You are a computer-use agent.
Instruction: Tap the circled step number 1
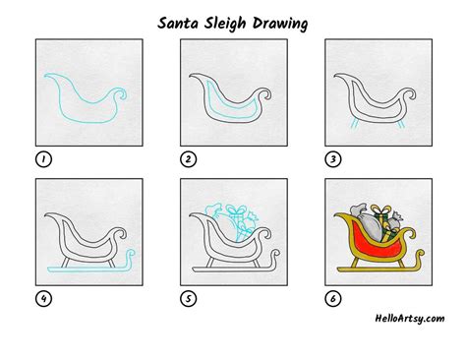click(42, 157)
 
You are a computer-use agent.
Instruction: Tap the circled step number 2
click(185, 157)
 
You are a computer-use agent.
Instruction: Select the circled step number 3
click(330, 157)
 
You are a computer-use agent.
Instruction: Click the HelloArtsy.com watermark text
click(409, 318)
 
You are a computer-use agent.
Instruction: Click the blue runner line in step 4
click(88, 269)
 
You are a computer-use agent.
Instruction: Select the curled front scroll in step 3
click(404, 95)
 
